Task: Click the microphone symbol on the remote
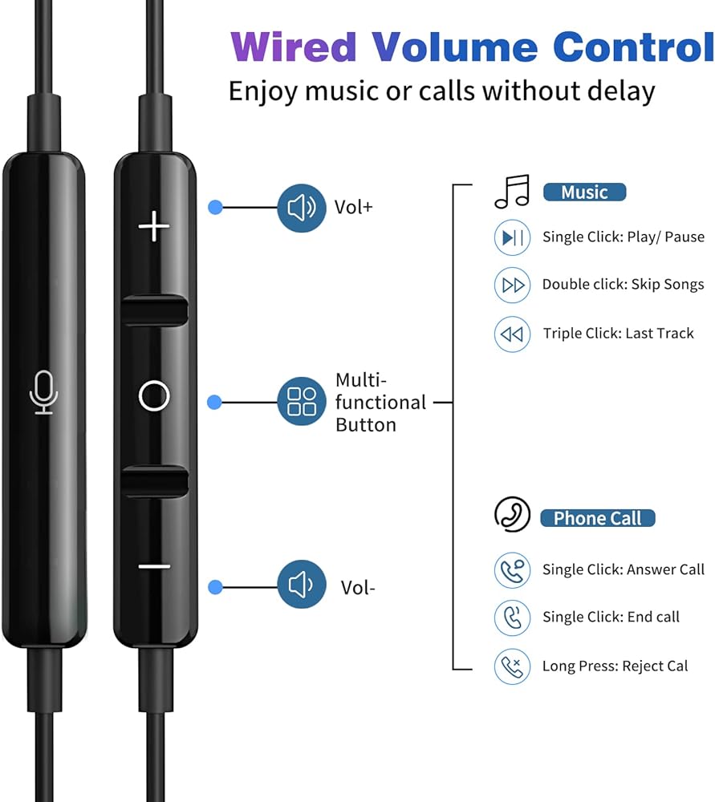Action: [44, 392]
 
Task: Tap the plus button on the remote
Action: [154, 226]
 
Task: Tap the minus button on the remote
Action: [154, 566]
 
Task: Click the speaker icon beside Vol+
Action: [302, 209]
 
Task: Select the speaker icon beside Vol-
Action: [302, 584]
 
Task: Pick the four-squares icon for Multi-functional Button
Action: [302, 402]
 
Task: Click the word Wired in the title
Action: [293, 47]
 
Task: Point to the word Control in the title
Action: [634, 47]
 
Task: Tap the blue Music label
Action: [584, 192]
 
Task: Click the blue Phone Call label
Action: [597, 518]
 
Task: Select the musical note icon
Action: [512, 192]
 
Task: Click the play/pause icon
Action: [512, 237]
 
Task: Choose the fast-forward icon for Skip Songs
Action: [512, 285]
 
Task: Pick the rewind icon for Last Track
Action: [512, 334]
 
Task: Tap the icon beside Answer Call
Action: [512, 570]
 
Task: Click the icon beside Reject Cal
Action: [512, 666]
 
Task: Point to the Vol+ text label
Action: [354, 207]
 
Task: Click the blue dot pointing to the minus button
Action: [216, 587]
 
